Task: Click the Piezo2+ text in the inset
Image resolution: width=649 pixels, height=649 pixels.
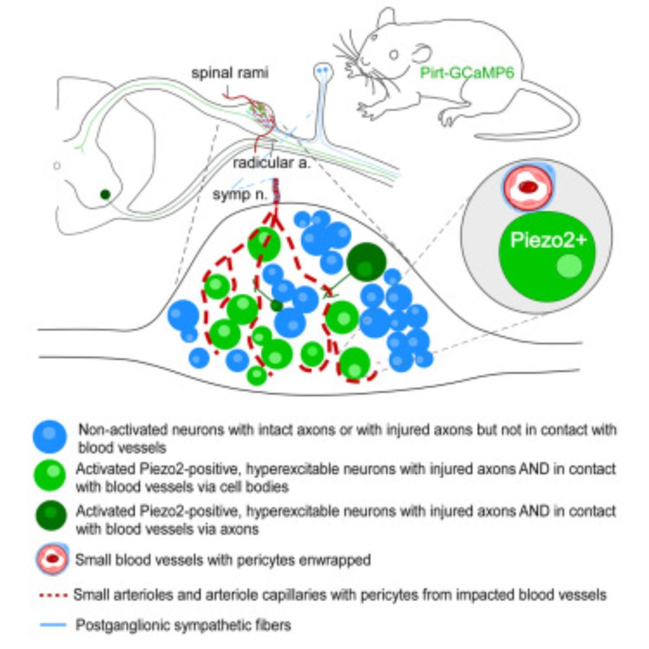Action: (547, 241)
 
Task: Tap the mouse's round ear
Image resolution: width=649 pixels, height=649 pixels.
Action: (421, 54)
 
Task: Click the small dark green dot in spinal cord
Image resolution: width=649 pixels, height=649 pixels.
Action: (104, 193)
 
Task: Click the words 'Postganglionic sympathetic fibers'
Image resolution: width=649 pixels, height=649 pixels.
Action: (184, 626)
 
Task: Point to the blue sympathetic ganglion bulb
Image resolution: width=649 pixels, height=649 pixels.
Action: (323, 69)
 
